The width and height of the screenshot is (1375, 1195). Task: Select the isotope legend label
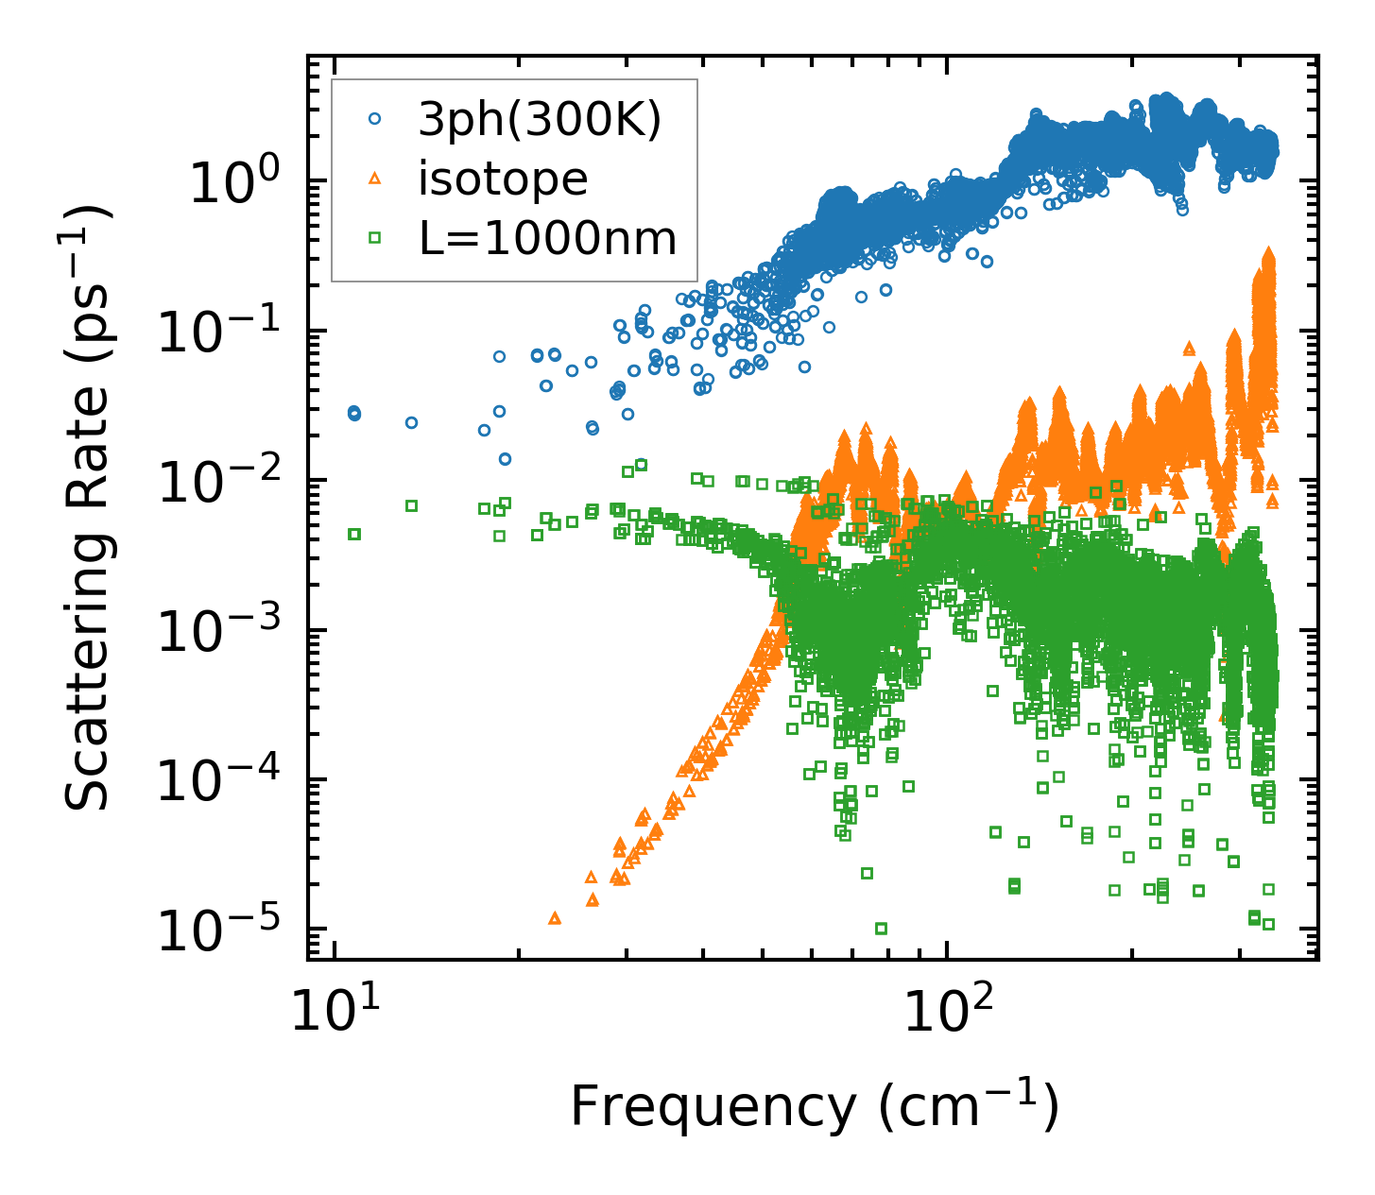pyautogui.click(x=503, y=179)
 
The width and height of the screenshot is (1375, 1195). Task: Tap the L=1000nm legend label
pyautogui.click(x=548, y=239)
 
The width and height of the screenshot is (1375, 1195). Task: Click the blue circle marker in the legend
pyautogui.click(x=374, y=119)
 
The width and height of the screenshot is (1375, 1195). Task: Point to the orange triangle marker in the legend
pyautogui.click(x=374, y=179)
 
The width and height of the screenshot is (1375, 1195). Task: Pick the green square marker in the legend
pyautogui.click(x=374, y=238)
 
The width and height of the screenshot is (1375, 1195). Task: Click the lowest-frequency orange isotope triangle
pyautogui.click(x=555, y=917)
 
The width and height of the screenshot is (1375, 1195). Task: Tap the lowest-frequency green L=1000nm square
pyautogui.click(x=354, y=534)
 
